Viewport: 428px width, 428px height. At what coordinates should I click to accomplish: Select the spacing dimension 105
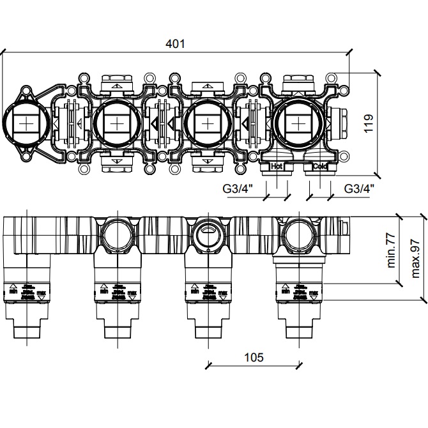coord(254,357)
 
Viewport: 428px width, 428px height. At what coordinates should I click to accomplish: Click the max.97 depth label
coord(415,256)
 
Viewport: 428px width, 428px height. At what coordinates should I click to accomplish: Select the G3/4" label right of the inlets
coord(359,188)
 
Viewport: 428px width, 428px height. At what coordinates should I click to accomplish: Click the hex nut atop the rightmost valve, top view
coord(297,82)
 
